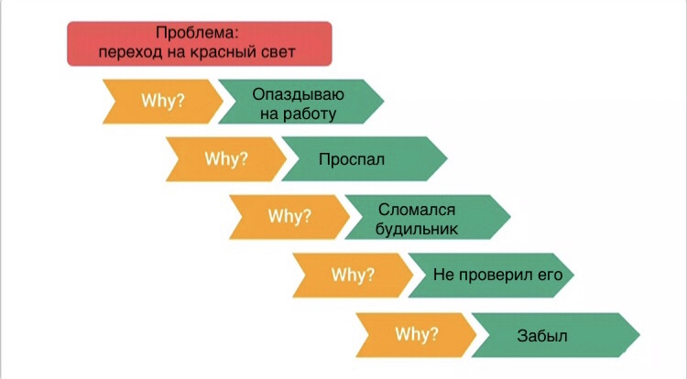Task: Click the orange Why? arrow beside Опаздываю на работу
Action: click(x=162, y=102)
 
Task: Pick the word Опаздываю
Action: click(x=298, y=94)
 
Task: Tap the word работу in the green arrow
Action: click(x=310, y=114)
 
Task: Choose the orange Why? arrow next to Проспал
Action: click(x=225, y=159)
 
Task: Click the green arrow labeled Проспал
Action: click(x=364, y=159)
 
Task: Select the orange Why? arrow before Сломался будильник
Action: click(x=289, y=217)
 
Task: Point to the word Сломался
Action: click(x=417, y=210)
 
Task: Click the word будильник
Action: click(x=417, y=229)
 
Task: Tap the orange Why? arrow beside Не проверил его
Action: click(x=353, y=276)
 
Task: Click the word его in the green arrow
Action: click(x=551, y=276)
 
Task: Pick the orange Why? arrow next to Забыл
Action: click(x=416, y=335)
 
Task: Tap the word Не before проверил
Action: click(x=443, y=275)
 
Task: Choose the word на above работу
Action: click(x=269, y=114)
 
